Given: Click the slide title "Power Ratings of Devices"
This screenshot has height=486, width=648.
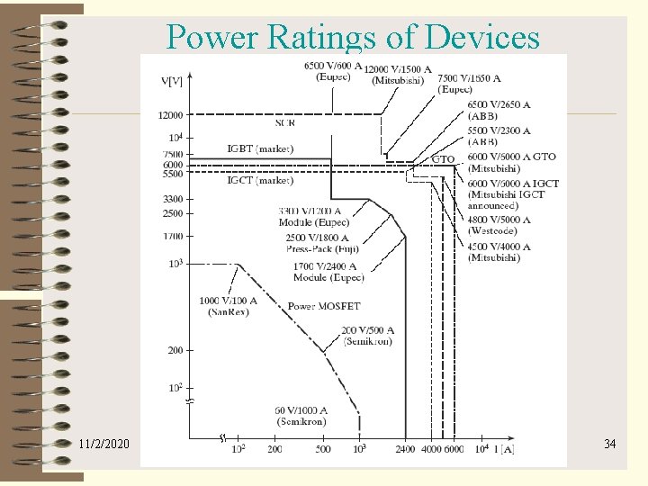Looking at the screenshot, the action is click(x=353, y=37).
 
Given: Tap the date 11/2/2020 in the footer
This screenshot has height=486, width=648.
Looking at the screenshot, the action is click(x=103, y=444).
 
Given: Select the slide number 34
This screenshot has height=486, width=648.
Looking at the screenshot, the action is click(x=609, y=444).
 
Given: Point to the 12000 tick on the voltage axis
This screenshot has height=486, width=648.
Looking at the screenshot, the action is click(x=171, y=114).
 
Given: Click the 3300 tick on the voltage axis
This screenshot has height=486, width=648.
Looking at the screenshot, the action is click(x=173, y=199).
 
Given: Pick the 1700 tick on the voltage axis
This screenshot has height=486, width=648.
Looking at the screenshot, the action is click(x=173, y=236).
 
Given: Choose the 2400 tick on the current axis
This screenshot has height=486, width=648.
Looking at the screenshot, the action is click(x=405, y=448).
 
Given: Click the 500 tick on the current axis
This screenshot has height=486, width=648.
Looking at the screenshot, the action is click(x=324, y=448).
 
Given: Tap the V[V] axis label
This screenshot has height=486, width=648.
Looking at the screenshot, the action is click(x=172, y=81).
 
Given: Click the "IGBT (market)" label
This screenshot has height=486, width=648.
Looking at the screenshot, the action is click(x=260, y=148).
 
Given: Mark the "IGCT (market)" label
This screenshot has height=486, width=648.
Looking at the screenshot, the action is click(x=260, y=180).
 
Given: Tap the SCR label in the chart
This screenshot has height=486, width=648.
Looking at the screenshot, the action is click(x=284, y=122).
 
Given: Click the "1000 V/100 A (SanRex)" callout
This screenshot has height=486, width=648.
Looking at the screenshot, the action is click(x=228, y=306).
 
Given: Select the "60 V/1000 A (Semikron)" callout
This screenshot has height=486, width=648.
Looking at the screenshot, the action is click(x=301, y=415).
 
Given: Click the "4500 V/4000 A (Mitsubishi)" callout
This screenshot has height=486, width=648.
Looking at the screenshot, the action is click(x=499, y=252).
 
